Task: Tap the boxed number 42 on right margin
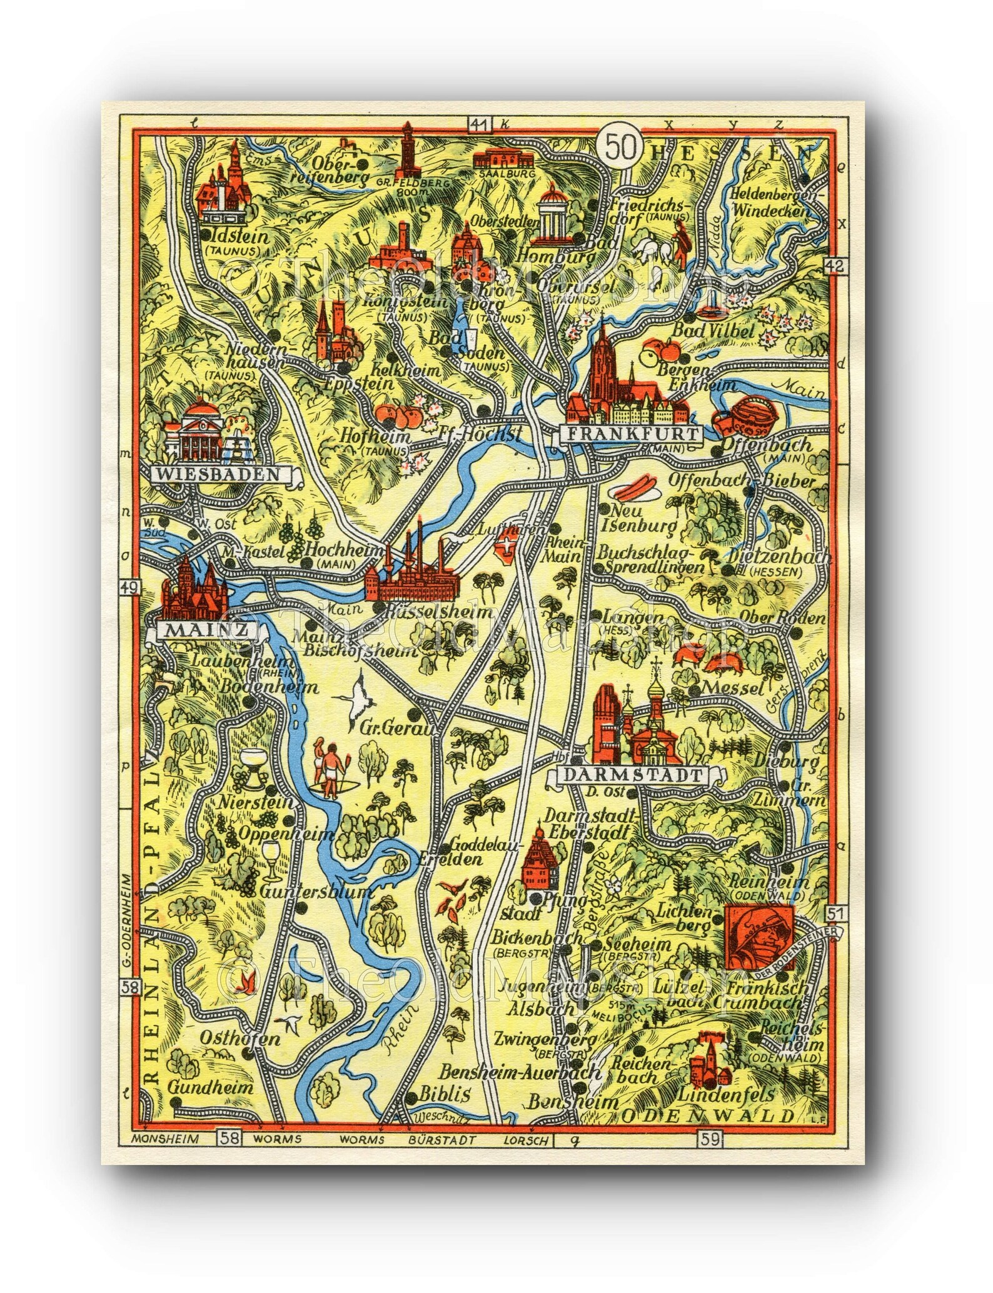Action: click(x=838, y=265)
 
